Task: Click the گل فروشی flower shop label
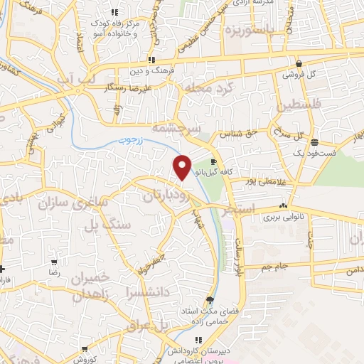299,74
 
